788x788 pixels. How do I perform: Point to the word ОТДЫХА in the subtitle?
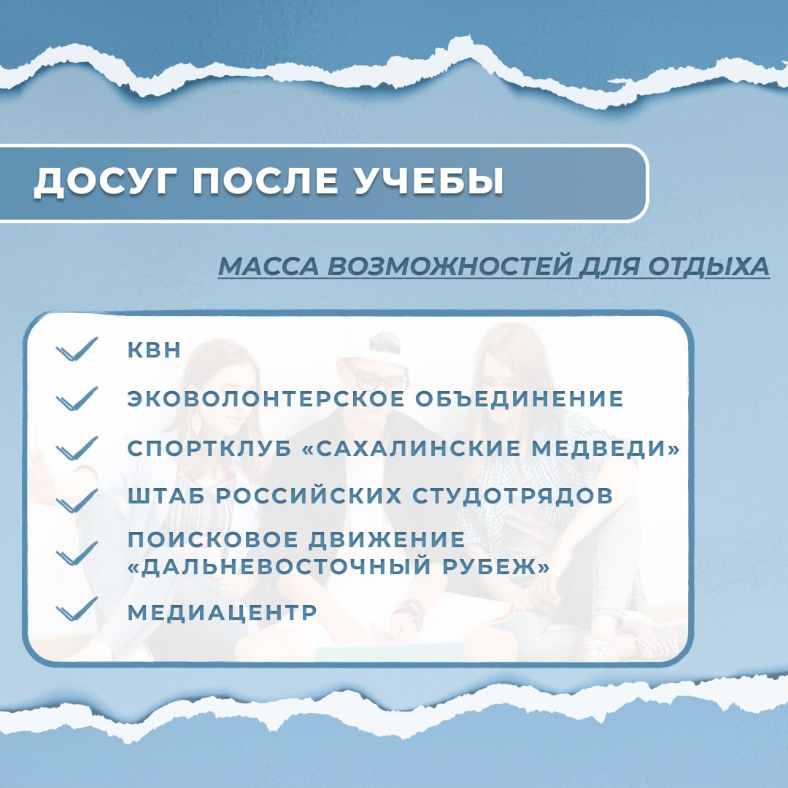[708, 266]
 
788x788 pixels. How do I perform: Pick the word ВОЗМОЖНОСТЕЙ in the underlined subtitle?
[449, 266]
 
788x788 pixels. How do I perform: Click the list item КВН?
[154, 349]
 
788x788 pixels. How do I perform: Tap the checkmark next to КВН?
[77, 349]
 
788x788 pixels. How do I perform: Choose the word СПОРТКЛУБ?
[209, 448]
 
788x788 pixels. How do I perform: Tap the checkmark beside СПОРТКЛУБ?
[77, 448]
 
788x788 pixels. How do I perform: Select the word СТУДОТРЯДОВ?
[513, 495]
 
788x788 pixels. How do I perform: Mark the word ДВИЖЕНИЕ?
[387, 539]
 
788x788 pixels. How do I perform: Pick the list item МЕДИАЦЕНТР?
[222, 612]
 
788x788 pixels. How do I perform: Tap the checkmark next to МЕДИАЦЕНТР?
[77, 609]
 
